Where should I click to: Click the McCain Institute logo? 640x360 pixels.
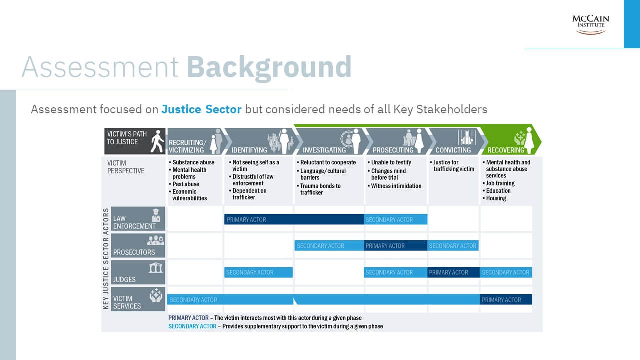tap(590, 25)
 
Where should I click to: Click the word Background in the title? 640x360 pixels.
tap(269, 68)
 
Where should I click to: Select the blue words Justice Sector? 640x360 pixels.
tap(201, 109)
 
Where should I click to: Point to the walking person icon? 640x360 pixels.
tap(157, 141)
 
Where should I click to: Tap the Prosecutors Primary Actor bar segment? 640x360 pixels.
tap(395, 246)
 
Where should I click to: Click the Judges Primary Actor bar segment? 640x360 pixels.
tap(453, 272)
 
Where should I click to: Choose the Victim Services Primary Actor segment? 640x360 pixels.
tap(506, 300)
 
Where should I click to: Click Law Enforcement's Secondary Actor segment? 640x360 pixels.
tap(395, 219)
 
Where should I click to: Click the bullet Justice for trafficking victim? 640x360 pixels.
tap(452, 166)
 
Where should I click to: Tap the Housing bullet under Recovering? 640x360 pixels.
tap(494, 198)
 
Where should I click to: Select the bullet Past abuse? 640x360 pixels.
tap(184, 184)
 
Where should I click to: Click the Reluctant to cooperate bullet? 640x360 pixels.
tap(326, 162)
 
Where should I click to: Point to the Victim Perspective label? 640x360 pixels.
tap(126, 167)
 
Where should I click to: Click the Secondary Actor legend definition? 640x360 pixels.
tap(275, 326)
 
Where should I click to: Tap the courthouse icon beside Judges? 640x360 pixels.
tap(156, 268)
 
